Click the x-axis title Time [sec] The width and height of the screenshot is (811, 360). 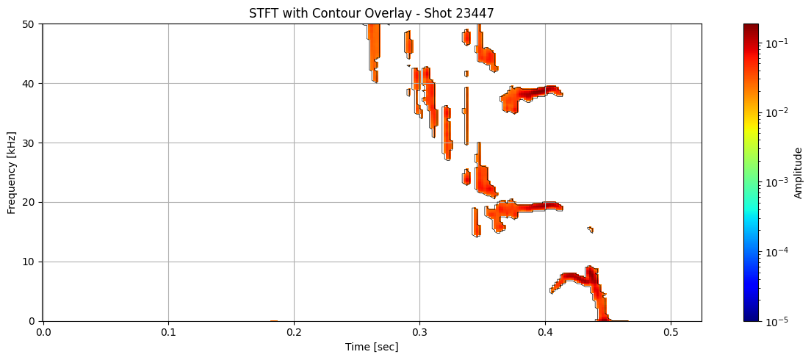click(372, 347)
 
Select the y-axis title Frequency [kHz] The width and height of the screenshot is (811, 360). click(11, 173)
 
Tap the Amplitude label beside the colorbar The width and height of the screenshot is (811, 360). click(799, 173)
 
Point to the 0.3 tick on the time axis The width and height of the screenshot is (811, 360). click(419, 332)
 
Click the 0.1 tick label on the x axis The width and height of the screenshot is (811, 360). click(168, 332)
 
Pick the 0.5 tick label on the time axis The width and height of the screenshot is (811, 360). click(671, 332)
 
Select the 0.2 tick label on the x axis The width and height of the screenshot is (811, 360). click(294, 332)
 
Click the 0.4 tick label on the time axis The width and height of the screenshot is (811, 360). click(545, 332)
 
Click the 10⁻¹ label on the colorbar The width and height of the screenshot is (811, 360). click(776, 43)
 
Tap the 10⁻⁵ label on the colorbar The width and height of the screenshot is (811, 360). click(776, 321)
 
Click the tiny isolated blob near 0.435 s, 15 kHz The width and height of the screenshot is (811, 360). click(591, 229)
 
